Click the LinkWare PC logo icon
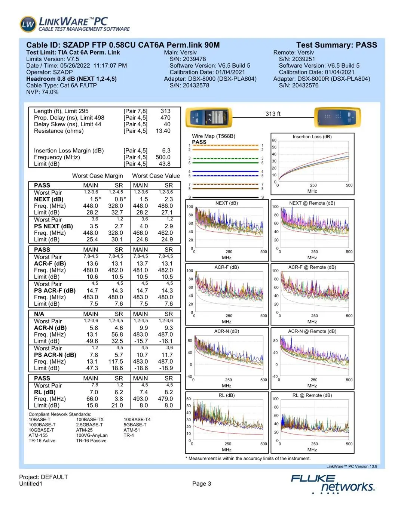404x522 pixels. tap(28, 24)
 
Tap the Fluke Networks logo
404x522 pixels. tap(333, 483)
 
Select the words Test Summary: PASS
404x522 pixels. tap(336, 45)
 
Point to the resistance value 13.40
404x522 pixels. tap(163, 131)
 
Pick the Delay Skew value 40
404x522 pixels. tap(167, 124)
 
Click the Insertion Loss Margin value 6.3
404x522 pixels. tap(166, 151)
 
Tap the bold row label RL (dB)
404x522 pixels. tap(45, 392)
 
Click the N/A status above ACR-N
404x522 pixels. tap(39, 314)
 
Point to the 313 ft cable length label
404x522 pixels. tap(273, 114)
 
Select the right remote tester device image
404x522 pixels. tap(337, 117)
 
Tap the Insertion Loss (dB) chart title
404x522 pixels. tap(312, 137)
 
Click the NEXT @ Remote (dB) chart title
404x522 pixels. tap(312, 203)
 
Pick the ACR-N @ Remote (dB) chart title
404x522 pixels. tap(312, 331)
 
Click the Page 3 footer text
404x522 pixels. tap(202, 484)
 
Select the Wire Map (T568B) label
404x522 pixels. tap(214, 136)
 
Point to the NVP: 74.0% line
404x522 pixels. tap(42, 92)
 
